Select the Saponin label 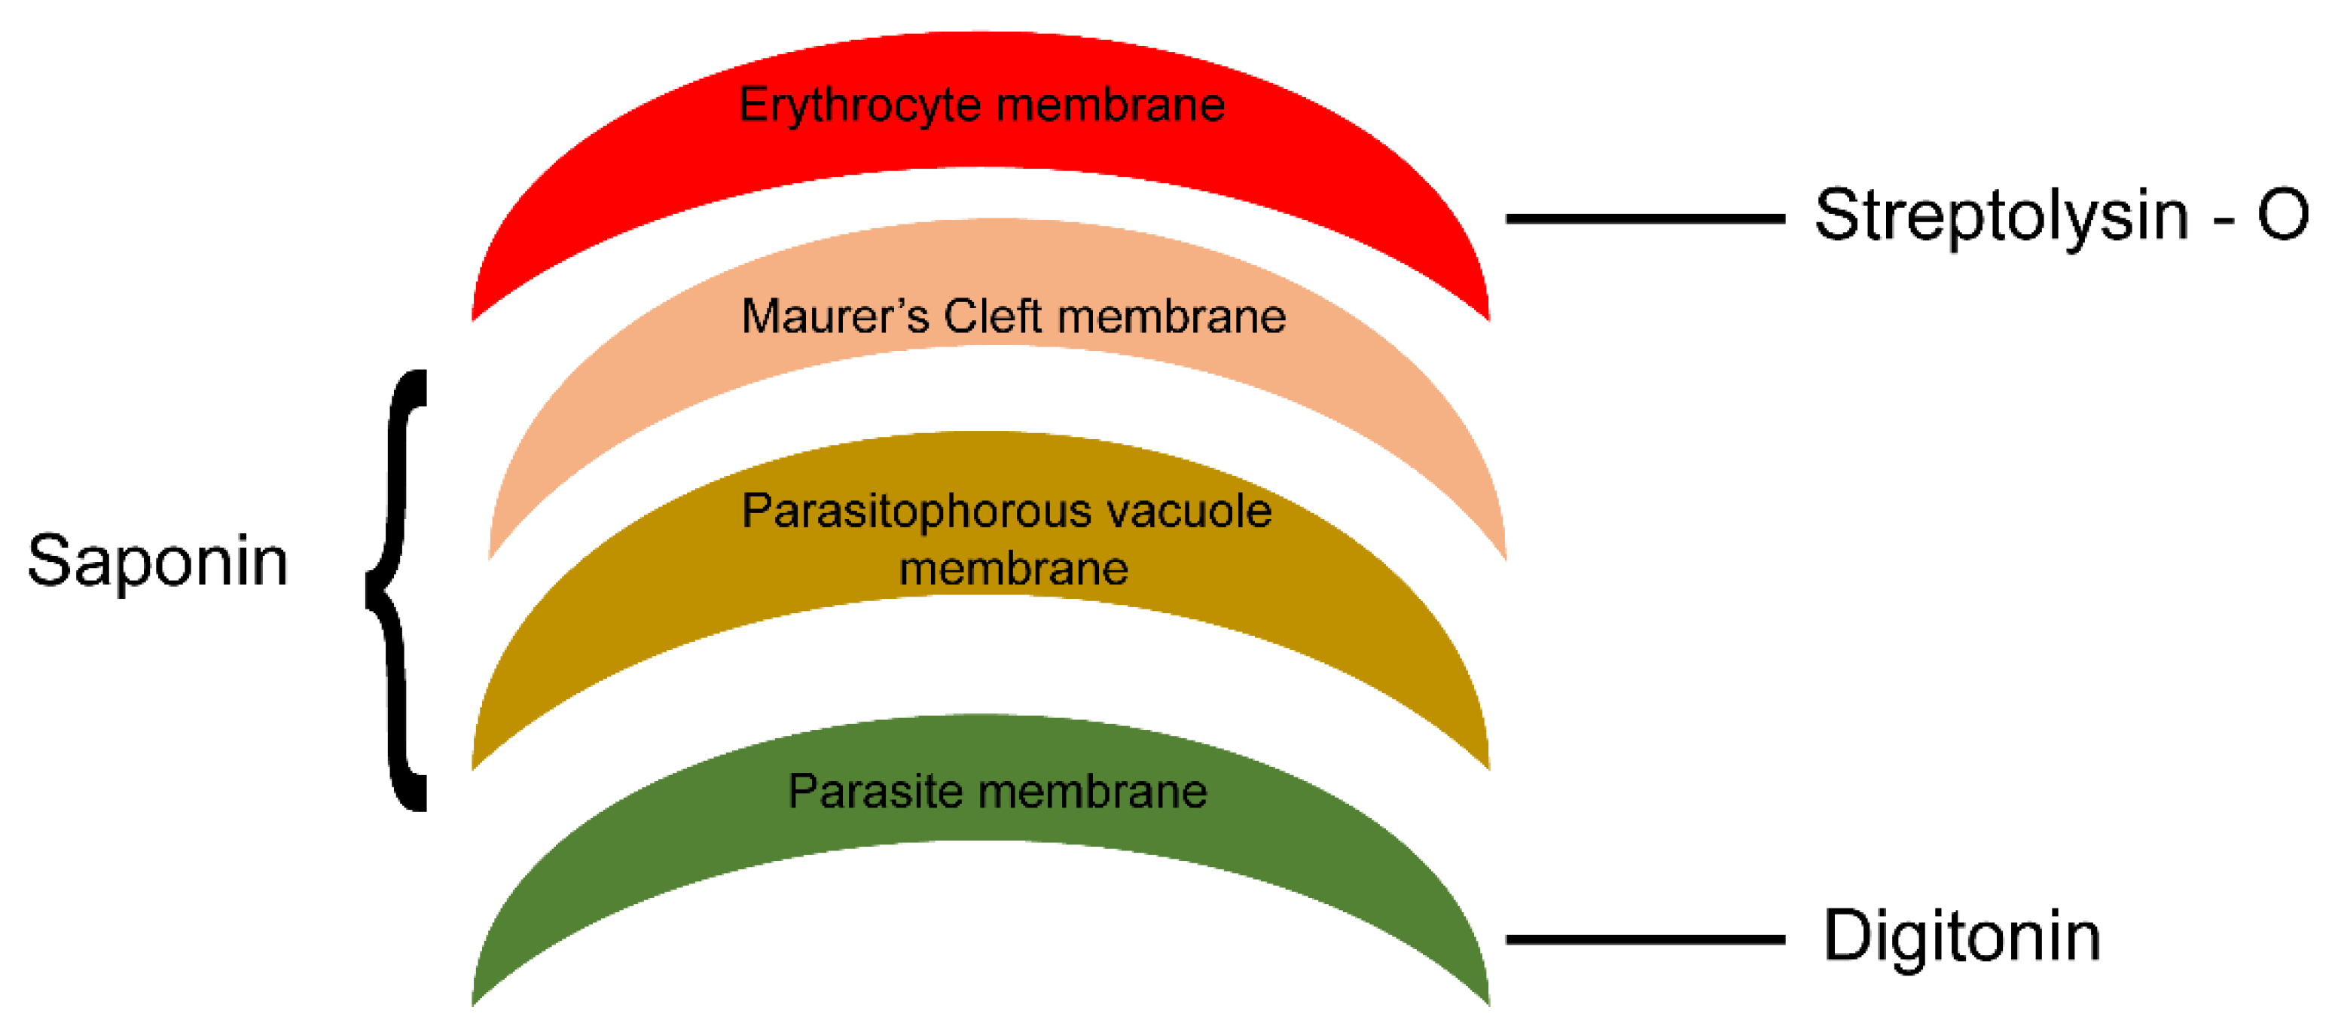coord(157,562)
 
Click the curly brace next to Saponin coord(395,591)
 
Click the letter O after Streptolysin coord(2282,216)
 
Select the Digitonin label coord(1962,936)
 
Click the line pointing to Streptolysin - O coord(1645,218)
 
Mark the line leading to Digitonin coord(1645,940)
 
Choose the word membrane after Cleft coord(1171,317)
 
